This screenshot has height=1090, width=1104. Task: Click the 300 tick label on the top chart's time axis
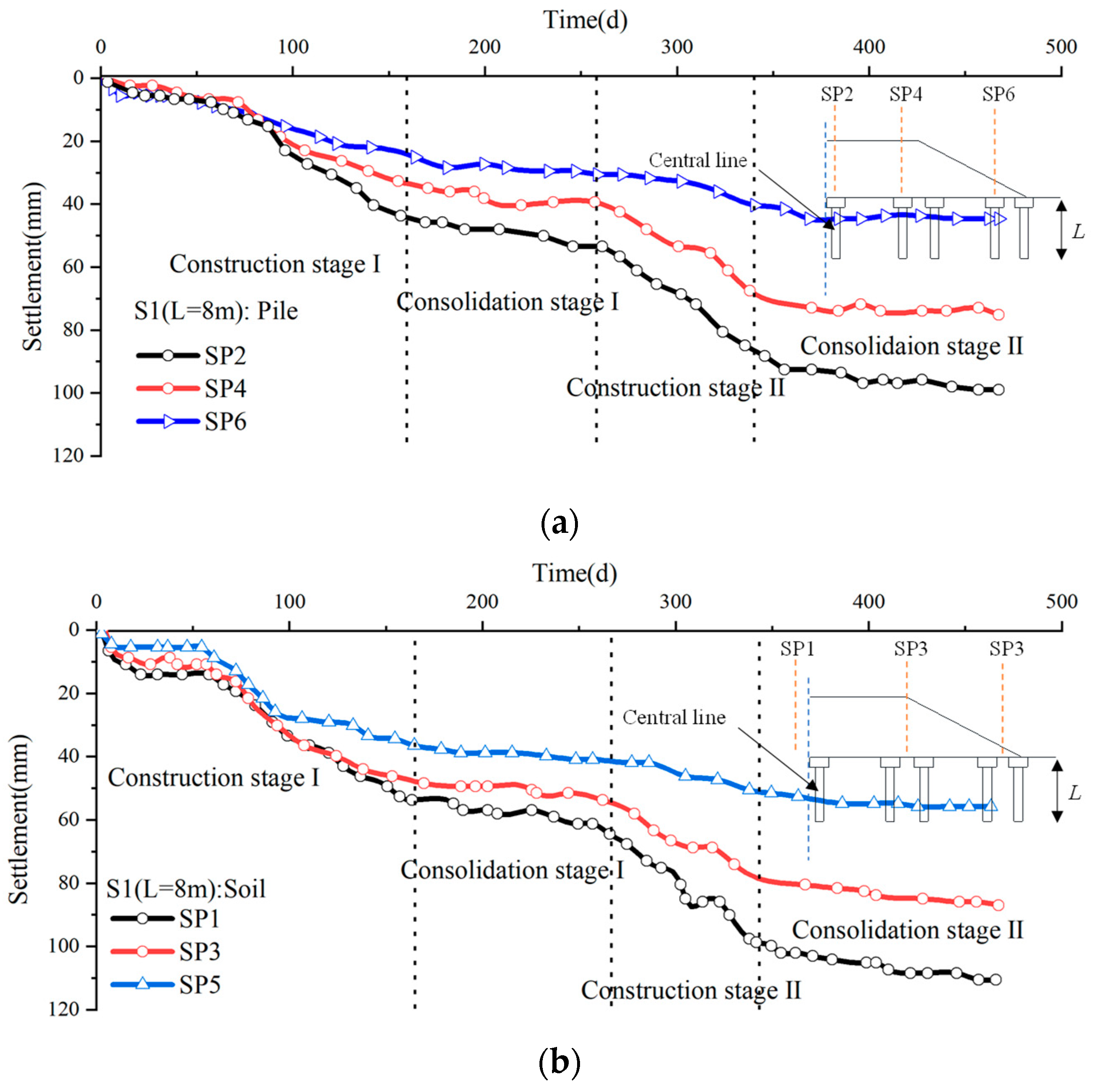[x=677, y=47]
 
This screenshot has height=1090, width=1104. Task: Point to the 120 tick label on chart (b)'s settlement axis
[x=64, y=1009]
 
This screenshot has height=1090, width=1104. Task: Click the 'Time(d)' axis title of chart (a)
[x=585, y=20]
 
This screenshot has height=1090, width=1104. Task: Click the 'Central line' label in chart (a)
[x=698, y=161]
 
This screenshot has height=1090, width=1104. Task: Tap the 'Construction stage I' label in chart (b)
[x=213, y=778]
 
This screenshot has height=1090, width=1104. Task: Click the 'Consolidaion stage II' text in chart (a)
[x=911, y=346]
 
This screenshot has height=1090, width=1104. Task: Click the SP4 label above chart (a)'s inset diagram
[x=905, y=94]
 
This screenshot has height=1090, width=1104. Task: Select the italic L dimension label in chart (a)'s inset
[x=1078, y=231]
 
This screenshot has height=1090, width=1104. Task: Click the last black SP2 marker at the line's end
[x=998, y=390]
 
